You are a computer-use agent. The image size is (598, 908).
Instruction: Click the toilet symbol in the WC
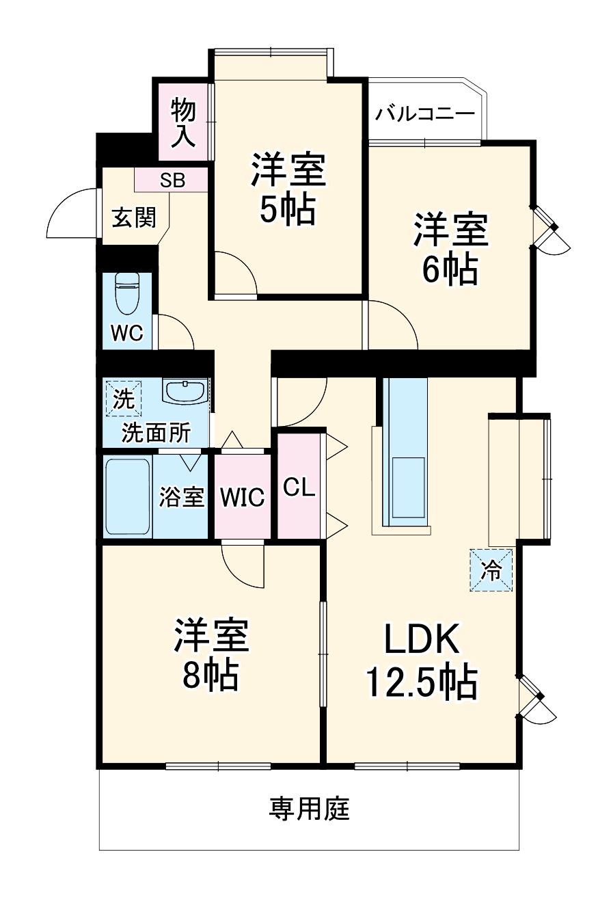(127, 293)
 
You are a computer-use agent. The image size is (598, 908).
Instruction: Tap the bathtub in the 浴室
(127, 496)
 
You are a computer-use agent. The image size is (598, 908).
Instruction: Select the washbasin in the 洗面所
(184, 392)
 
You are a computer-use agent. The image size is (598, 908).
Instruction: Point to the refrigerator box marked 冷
(491, 570)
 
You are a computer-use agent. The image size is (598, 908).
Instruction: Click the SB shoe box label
(172, 181)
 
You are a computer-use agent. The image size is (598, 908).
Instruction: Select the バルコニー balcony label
(424, 113)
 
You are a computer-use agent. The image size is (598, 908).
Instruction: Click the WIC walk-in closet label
(242, 498)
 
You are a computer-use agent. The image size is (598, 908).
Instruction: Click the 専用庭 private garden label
(309, 809)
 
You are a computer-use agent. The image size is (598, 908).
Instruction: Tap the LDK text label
(420, 640)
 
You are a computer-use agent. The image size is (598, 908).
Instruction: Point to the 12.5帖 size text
(420, 682)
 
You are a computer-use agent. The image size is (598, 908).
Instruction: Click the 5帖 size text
(287, 210)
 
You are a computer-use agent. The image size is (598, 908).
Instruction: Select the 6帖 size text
(449, 271)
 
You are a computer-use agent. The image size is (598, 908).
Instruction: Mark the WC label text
(127, 333)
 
